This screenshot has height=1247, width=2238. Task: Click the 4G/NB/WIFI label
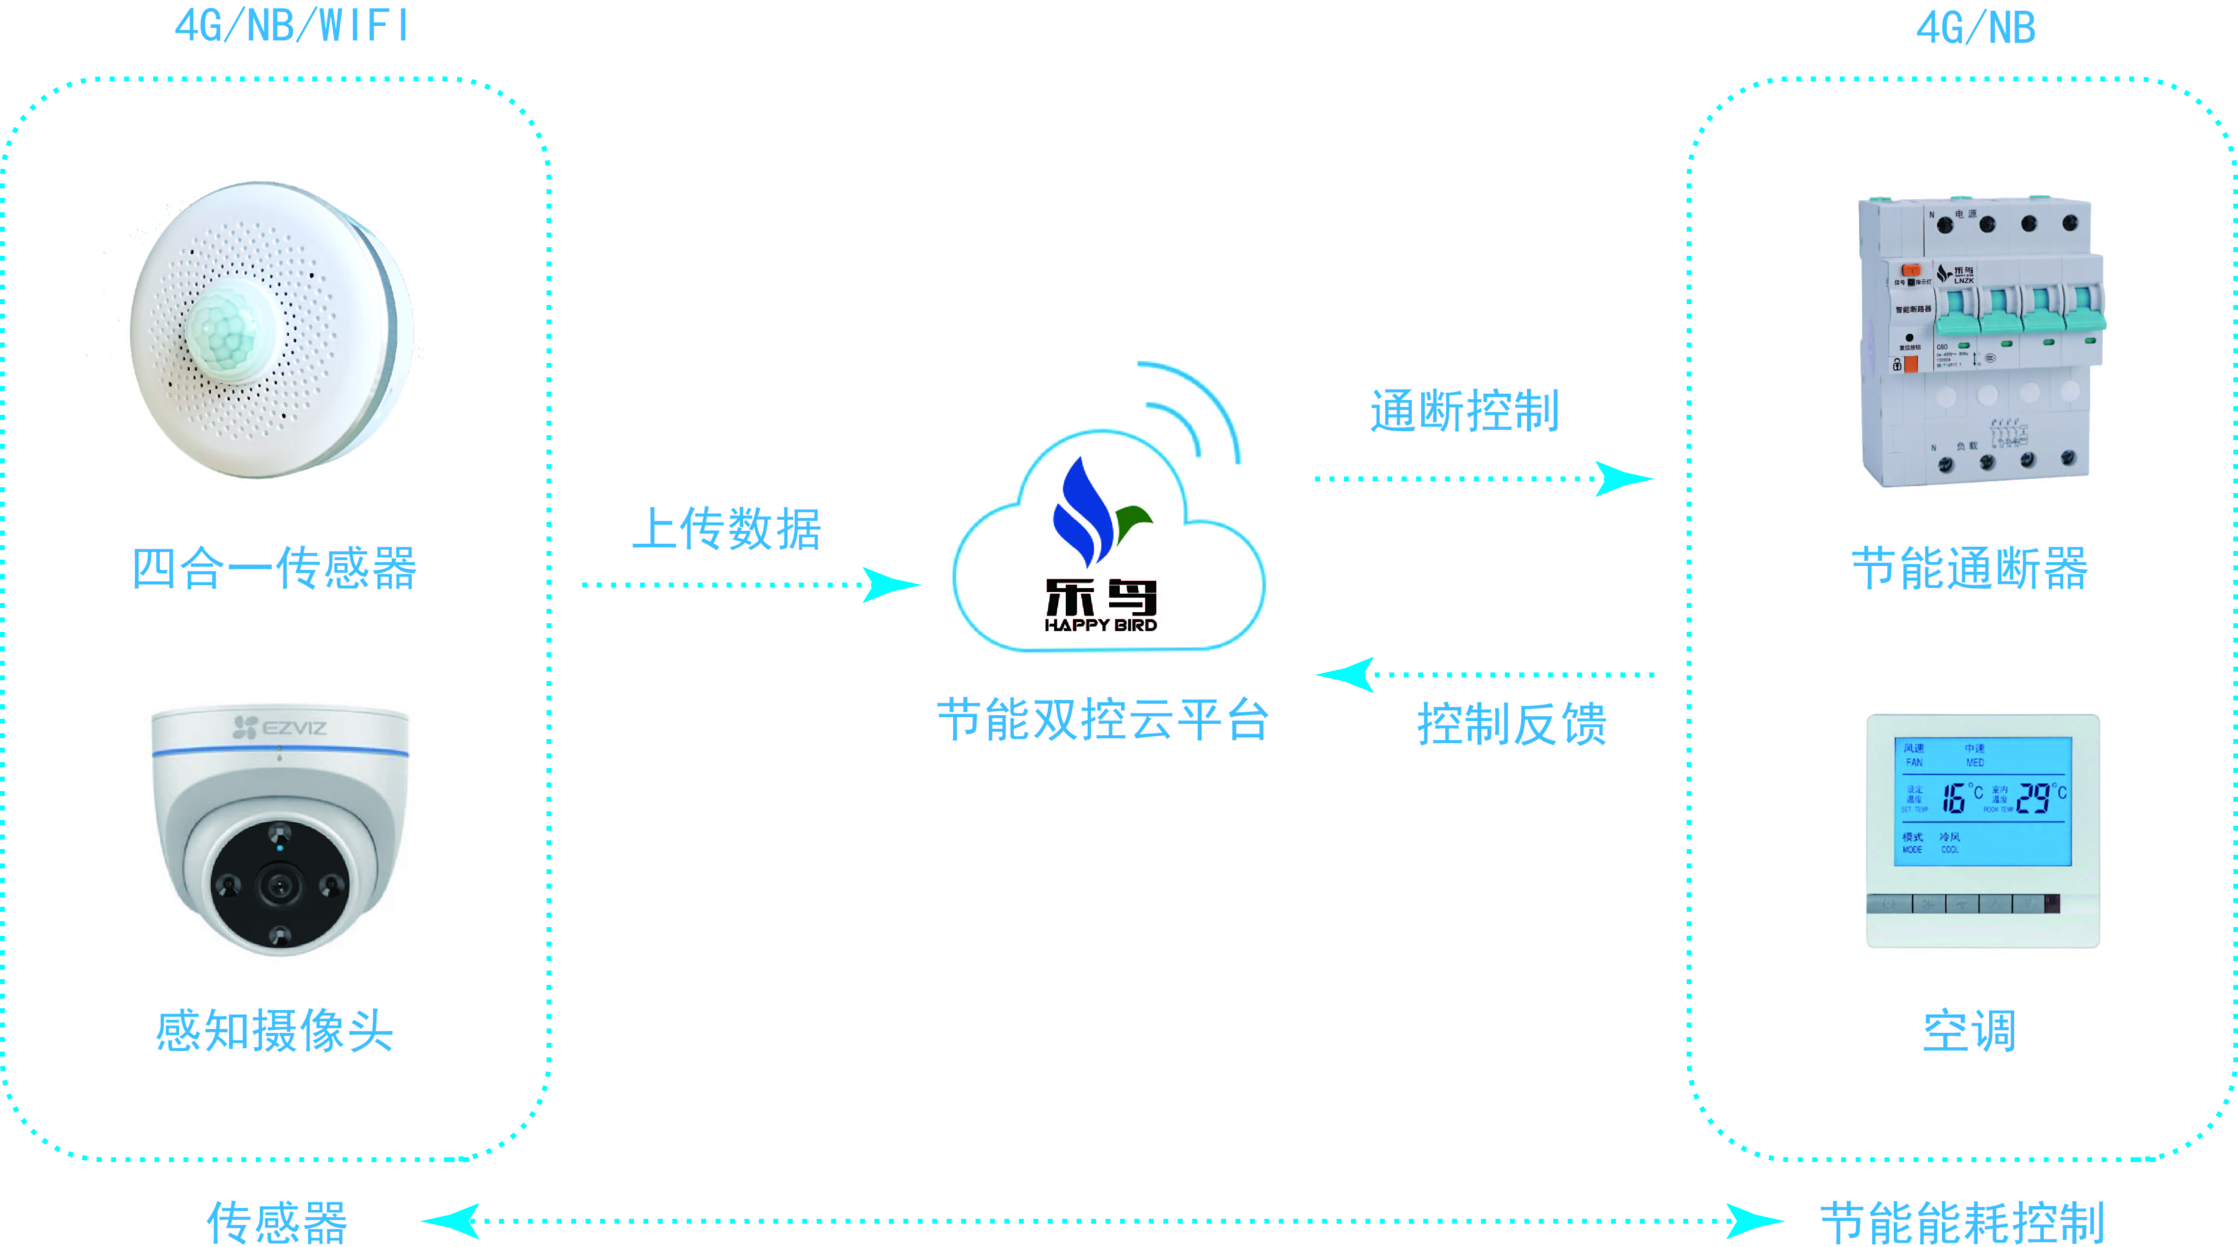click(x=291, y=26)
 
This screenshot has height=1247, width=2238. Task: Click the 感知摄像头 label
click(x=274, y=1031)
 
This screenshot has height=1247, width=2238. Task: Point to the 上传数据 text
click(x=726, y=529)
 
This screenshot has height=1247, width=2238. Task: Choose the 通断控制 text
click(x=1465, y=411)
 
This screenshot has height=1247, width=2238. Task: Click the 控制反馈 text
click(x=1512, y=723)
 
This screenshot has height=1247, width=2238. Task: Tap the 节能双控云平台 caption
click(x=1102, y=720)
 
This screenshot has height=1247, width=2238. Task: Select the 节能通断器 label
click(x=1969, y=569)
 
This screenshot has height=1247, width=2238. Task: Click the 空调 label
click(x=1969, y=1031)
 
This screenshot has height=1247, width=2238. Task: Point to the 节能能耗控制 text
click(x=1962, y=1222)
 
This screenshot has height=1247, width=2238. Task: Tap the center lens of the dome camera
click(x=280, y=886)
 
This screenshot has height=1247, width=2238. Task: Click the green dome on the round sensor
click(x=228, y=331)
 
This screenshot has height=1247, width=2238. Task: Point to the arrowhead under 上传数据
click(x=891, y=584)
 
